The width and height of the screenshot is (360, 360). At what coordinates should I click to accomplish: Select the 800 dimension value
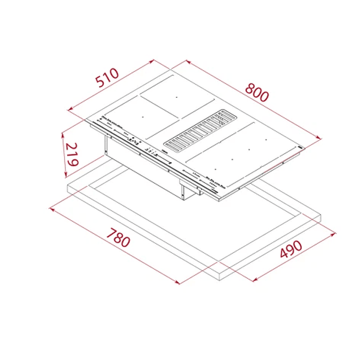(257, 91)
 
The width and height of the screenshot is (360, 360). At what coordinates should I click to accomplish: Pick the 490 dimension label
(290, 250)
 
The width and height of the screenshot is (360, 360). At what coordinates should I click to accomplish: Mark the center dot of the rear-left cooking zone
(176, 97)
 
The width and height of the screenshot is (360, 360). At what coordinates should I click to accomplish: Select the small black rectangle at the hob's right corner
(301, 147)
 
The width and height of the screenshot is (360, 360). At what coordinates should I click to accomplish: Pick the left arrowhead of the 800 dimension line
(187, 61)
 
